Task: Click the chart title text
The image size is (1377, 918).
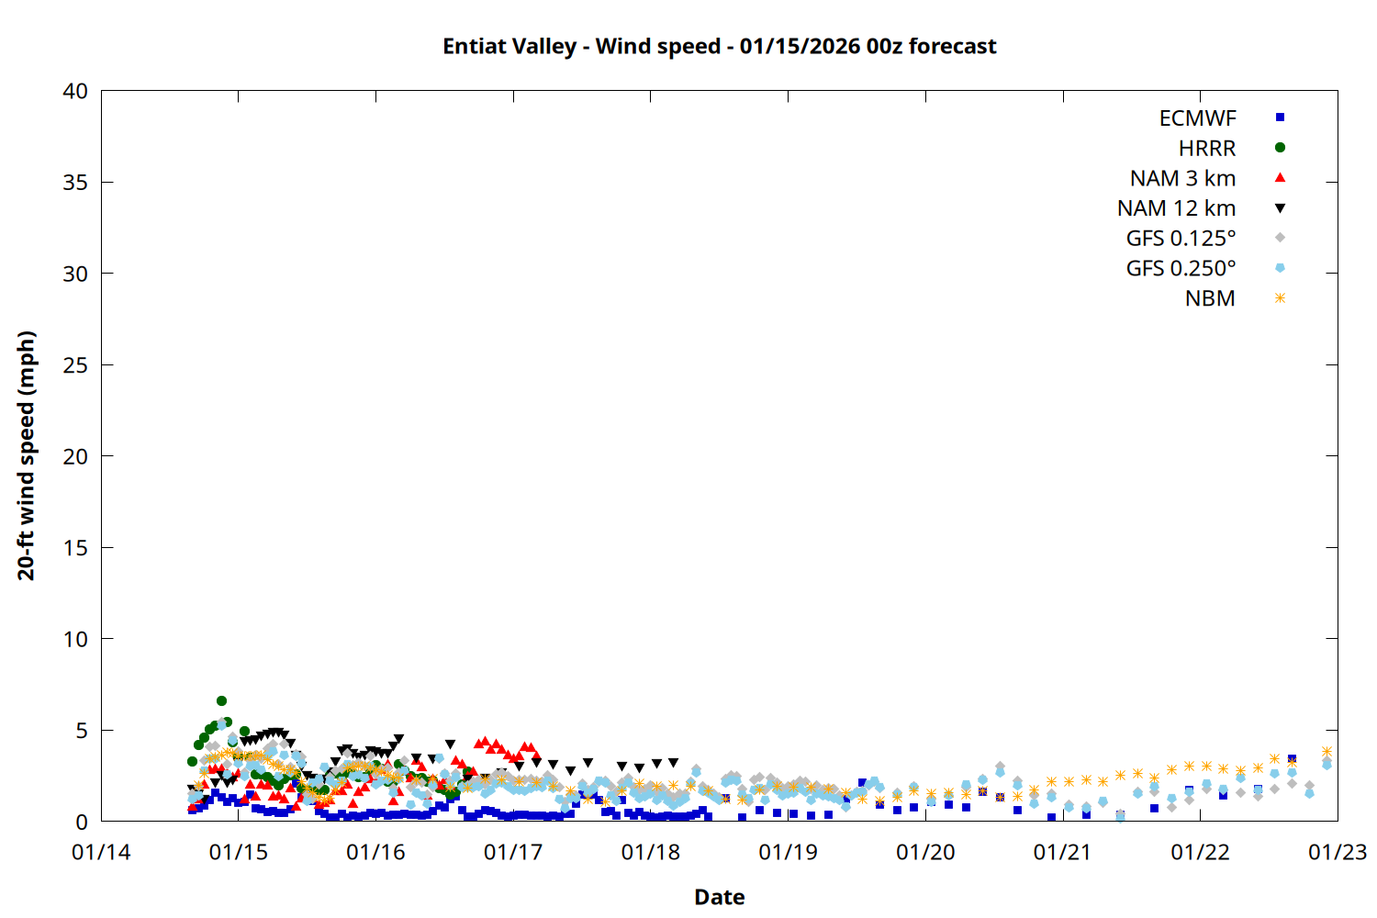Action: tap(719, 46)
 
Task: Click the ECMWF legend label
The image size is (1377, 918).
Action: tap(1197, 118)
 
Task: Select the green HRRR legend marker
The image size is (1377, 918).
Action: tap(1280, 148)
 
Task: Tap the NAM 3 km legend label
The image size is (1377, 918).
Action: tap(1182, 178)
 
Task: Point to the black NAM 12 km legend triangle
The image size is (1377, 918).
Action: tap(1280, 208)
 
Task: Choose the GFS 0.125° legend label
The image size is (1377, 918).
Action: tap(1181, 239)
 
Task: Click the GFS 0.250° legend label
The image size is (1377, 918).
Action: tap(1181, 269)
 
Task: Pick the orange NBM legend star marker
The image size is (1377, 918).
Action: tap(1280, 298)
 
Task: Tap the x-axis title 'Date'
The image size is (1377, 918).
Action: tap(719, 897)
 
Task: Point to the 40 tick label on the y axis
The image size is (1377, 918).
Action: tap(75, 91)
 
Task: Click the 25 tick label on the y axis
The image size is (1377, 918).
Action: tap(75, 365)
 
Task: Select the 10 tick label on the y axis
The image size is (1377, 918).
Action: tap(75, 639)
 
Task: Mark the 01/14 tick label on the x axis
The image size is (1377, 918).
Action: tap(101, 853)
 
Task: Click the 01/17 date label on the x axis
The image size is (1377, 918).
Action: tap(513, 853)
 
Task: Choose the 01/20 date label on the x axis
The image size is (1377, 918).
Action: tap(925, 853)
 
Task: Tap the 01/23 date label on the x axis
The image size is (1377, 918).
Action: tap(1337, 853)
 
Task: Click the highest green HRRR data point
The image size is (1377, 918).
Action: tap(221, 700)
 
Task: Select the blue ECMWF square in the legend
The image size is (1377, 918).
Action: tap(1280, 118)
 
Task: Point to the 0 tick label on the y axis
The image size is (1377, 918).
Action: tap(82, 822)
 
